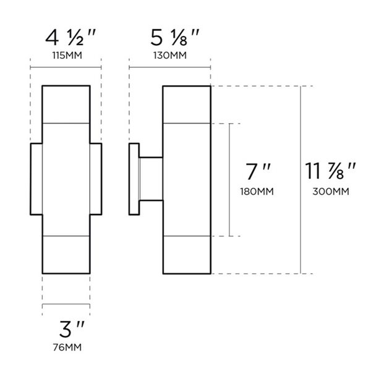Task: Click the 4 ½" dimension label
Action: tap(66, 39)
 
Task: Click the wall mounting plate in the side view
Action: tap(134, 179)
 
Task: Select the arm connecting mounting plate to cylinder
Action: tap(150, 179)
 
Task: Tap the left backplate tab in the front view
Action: tap(36, 179)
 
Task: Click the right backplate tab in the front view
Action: tap(96, 179)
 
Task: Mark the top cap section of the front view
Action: tap(66, 104)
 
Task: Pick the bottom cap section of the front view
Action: tap(66, 255)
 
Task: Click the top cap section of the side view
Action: tap(187, 104)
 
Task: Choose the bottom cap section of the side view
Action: tap(187, 255)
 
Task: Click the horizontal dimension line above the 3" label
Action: tap(66, 306)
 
